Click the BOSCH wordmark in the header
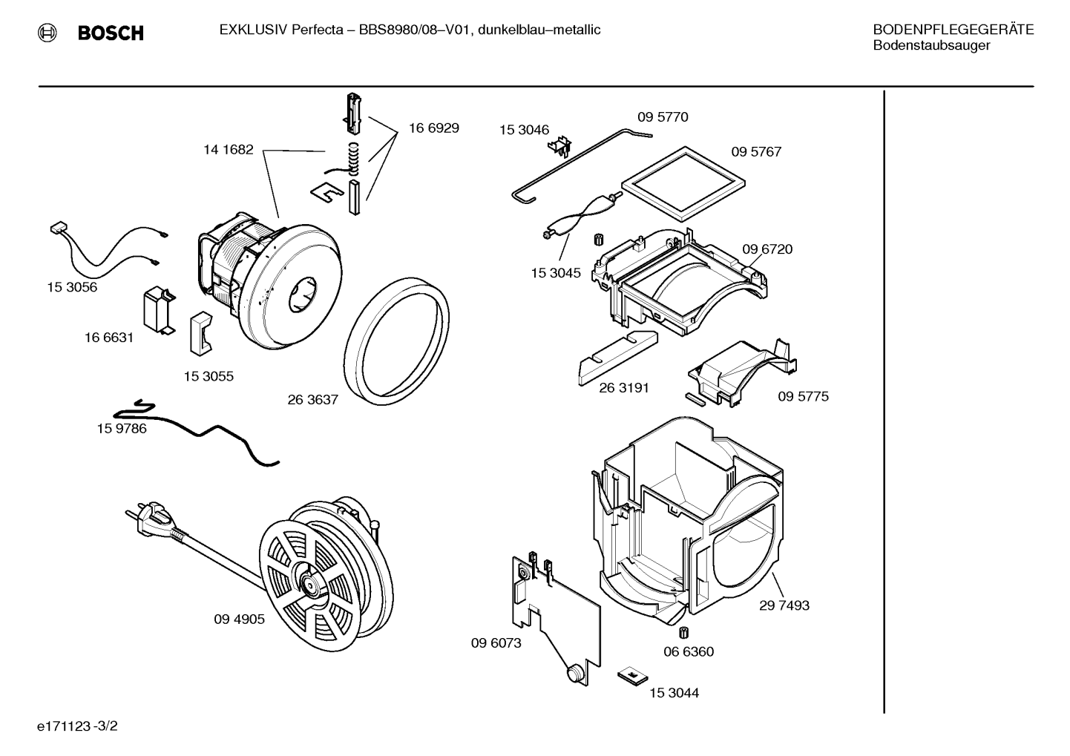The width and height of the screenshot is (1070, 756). (111, 33)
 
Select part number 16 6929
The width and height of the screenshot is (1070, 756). (434, 128)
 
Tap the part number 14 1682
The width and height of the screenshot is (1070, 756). (229, 149)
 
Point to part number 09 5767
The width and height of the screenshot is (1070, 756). (756, 152)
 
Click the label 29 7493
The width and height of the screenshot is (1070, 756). (784, 605)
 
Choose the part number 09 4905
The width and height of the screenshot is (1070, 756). (239, 619)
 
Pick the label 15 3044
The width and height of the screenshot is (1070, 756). (674, 693)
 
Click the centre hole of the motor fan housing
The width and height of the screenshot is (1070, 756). (302, 295)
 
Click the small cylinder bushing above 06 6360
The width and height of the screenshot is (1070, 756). (683, 633)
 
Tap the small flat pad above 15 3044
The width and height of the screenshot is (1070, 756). (633, 676)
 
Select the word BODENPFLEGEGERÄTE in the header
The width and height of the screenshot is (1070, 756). (954, 30)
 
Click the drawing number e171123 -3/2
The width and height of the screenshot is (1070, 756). (77, 726)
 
